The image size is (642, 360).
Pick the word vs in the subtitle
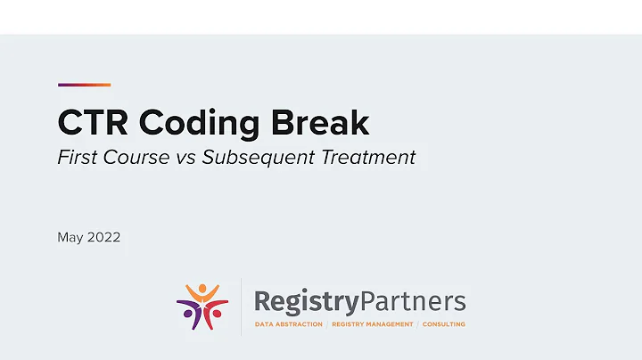click(185, 158)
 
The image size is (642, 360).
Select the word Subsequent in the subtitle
click(255, 158)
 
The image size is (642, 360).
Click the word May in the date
click(70, 238)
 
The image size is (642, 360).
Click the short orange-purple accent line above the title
click(84, 85)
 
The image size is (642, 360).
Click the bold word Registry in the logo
click(306, 302)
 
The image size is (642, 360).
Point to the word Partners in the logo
click(411, 302)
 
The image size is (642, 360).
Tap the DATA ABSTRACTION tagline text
click(289, 324)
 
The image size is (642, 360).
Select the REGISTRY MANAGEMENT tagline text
click(373, 324)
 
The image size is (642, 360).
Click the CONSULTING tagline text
click(444, 324)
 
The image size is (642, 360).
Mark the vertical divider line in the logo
click(241, 306)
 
